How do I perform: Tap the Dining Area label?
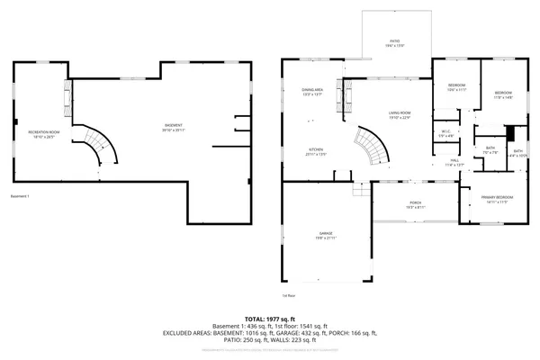tap(312, 91)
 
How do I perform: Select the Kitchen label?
tap(315, 150)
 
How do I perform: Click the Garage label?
tap(326, 234)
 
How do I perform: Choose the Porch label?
tap(415, 204)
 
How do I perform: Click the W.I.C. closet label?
tap(445, 134)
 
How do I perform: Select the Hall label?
tap(455, 162)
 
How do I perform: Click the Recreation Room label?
tap(37, 134)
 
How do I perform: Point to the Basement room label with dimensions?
tap(174, 127)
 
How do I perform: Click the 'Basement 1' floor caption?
tap(20, 196)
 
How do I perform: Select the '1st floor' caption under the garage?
tap(289, 295)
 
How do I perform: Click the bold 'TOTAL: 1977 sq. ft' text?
tap(270, 319)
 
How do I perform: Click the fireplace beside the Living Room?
tap(339, 93)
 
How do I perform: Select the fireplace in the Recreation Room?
tap(66, 94)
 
